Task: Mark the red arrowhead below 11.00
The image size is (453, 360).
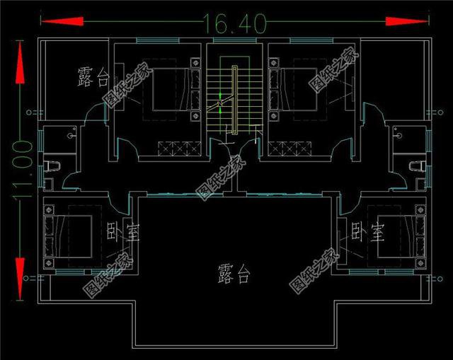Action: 20,266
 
